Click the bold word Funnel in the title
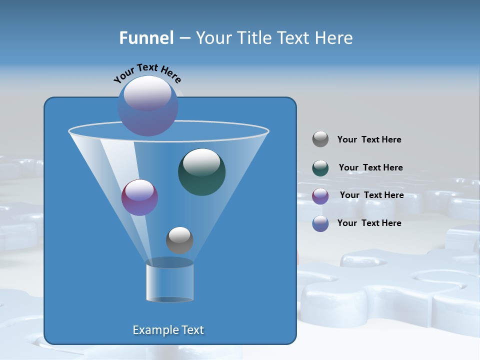tap(146, 38)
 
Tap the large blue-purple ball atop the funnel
tap(148, 106)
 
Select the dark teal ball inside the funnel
tap(201, 172)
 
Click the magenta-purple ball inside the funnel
tap(139, 197)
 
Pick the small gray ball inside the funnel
tap(179, 240)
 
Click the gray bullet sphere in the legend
tap(320, 139)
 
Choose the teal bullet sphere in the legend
tap(320, 168)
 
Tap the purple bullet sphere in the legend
tap(320, 196)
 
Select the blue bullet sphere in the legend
tap(320, 223)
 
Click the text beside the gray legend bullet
tap(369, 140)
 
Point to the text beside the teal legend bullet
tap(370, 167)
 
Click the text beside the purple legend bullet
tap(371, 195)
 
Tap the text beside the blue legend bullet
tap(369, 223)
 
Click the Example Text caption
tap(168, 330)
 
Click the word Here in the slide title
tap(334, 38)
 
